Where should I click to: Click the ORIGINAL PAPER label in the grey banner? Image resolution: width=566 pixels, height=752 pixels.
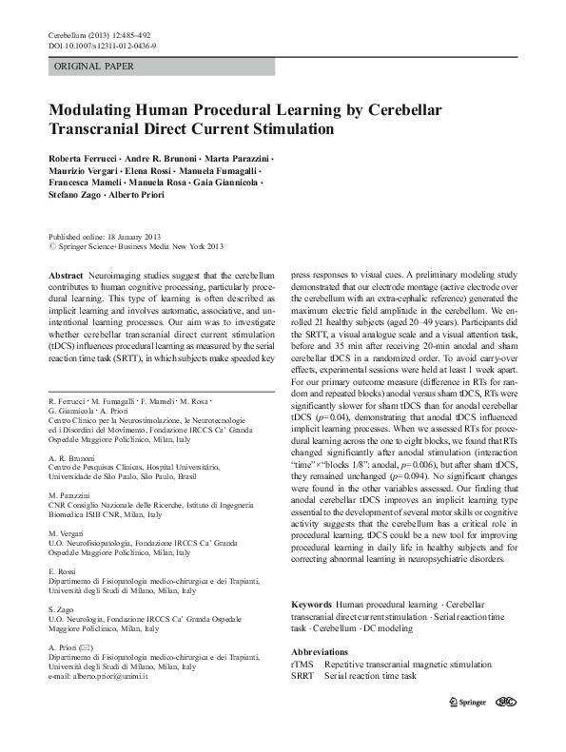point(94,67)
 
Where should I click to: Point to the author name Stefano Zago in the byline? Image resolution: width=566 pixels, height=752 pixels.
point(75,194)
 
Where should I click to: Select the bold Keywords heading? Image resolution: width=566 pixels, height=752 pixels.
point(311,604)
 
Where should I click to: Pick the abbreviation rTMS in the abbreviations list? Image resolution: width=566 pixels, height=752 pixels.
point(302,663)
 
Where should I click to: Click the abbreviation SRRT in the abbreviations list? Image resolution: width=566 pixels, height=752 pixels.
point(303,675)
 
